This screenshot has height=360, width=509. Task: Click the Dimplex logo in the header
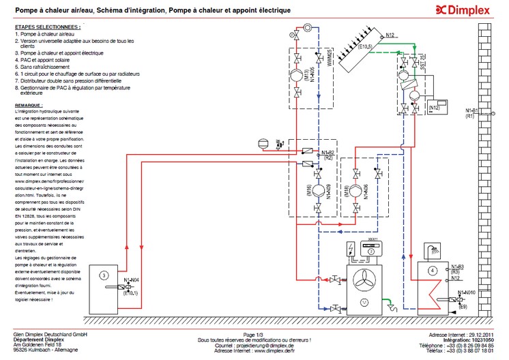(x=471, y=10)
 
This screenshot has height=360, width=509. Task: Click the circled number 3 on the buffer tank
(x=103, y=275)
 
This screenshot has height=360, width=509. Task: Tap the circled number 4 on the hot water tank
(x=432, y=269)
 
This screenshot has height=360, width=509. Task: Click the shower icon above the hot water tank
(x=432, y=249)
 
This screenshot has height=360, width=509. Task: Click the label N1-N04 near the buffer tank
(x=132, y=280)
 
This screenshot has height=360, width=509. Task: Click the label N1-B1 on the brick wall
(x=473, y=110)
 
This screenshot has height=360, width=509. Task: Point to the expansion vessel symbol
(x=263, y=143)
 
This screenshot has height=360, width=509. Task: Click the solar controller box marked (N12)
(x=435, y=108)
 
